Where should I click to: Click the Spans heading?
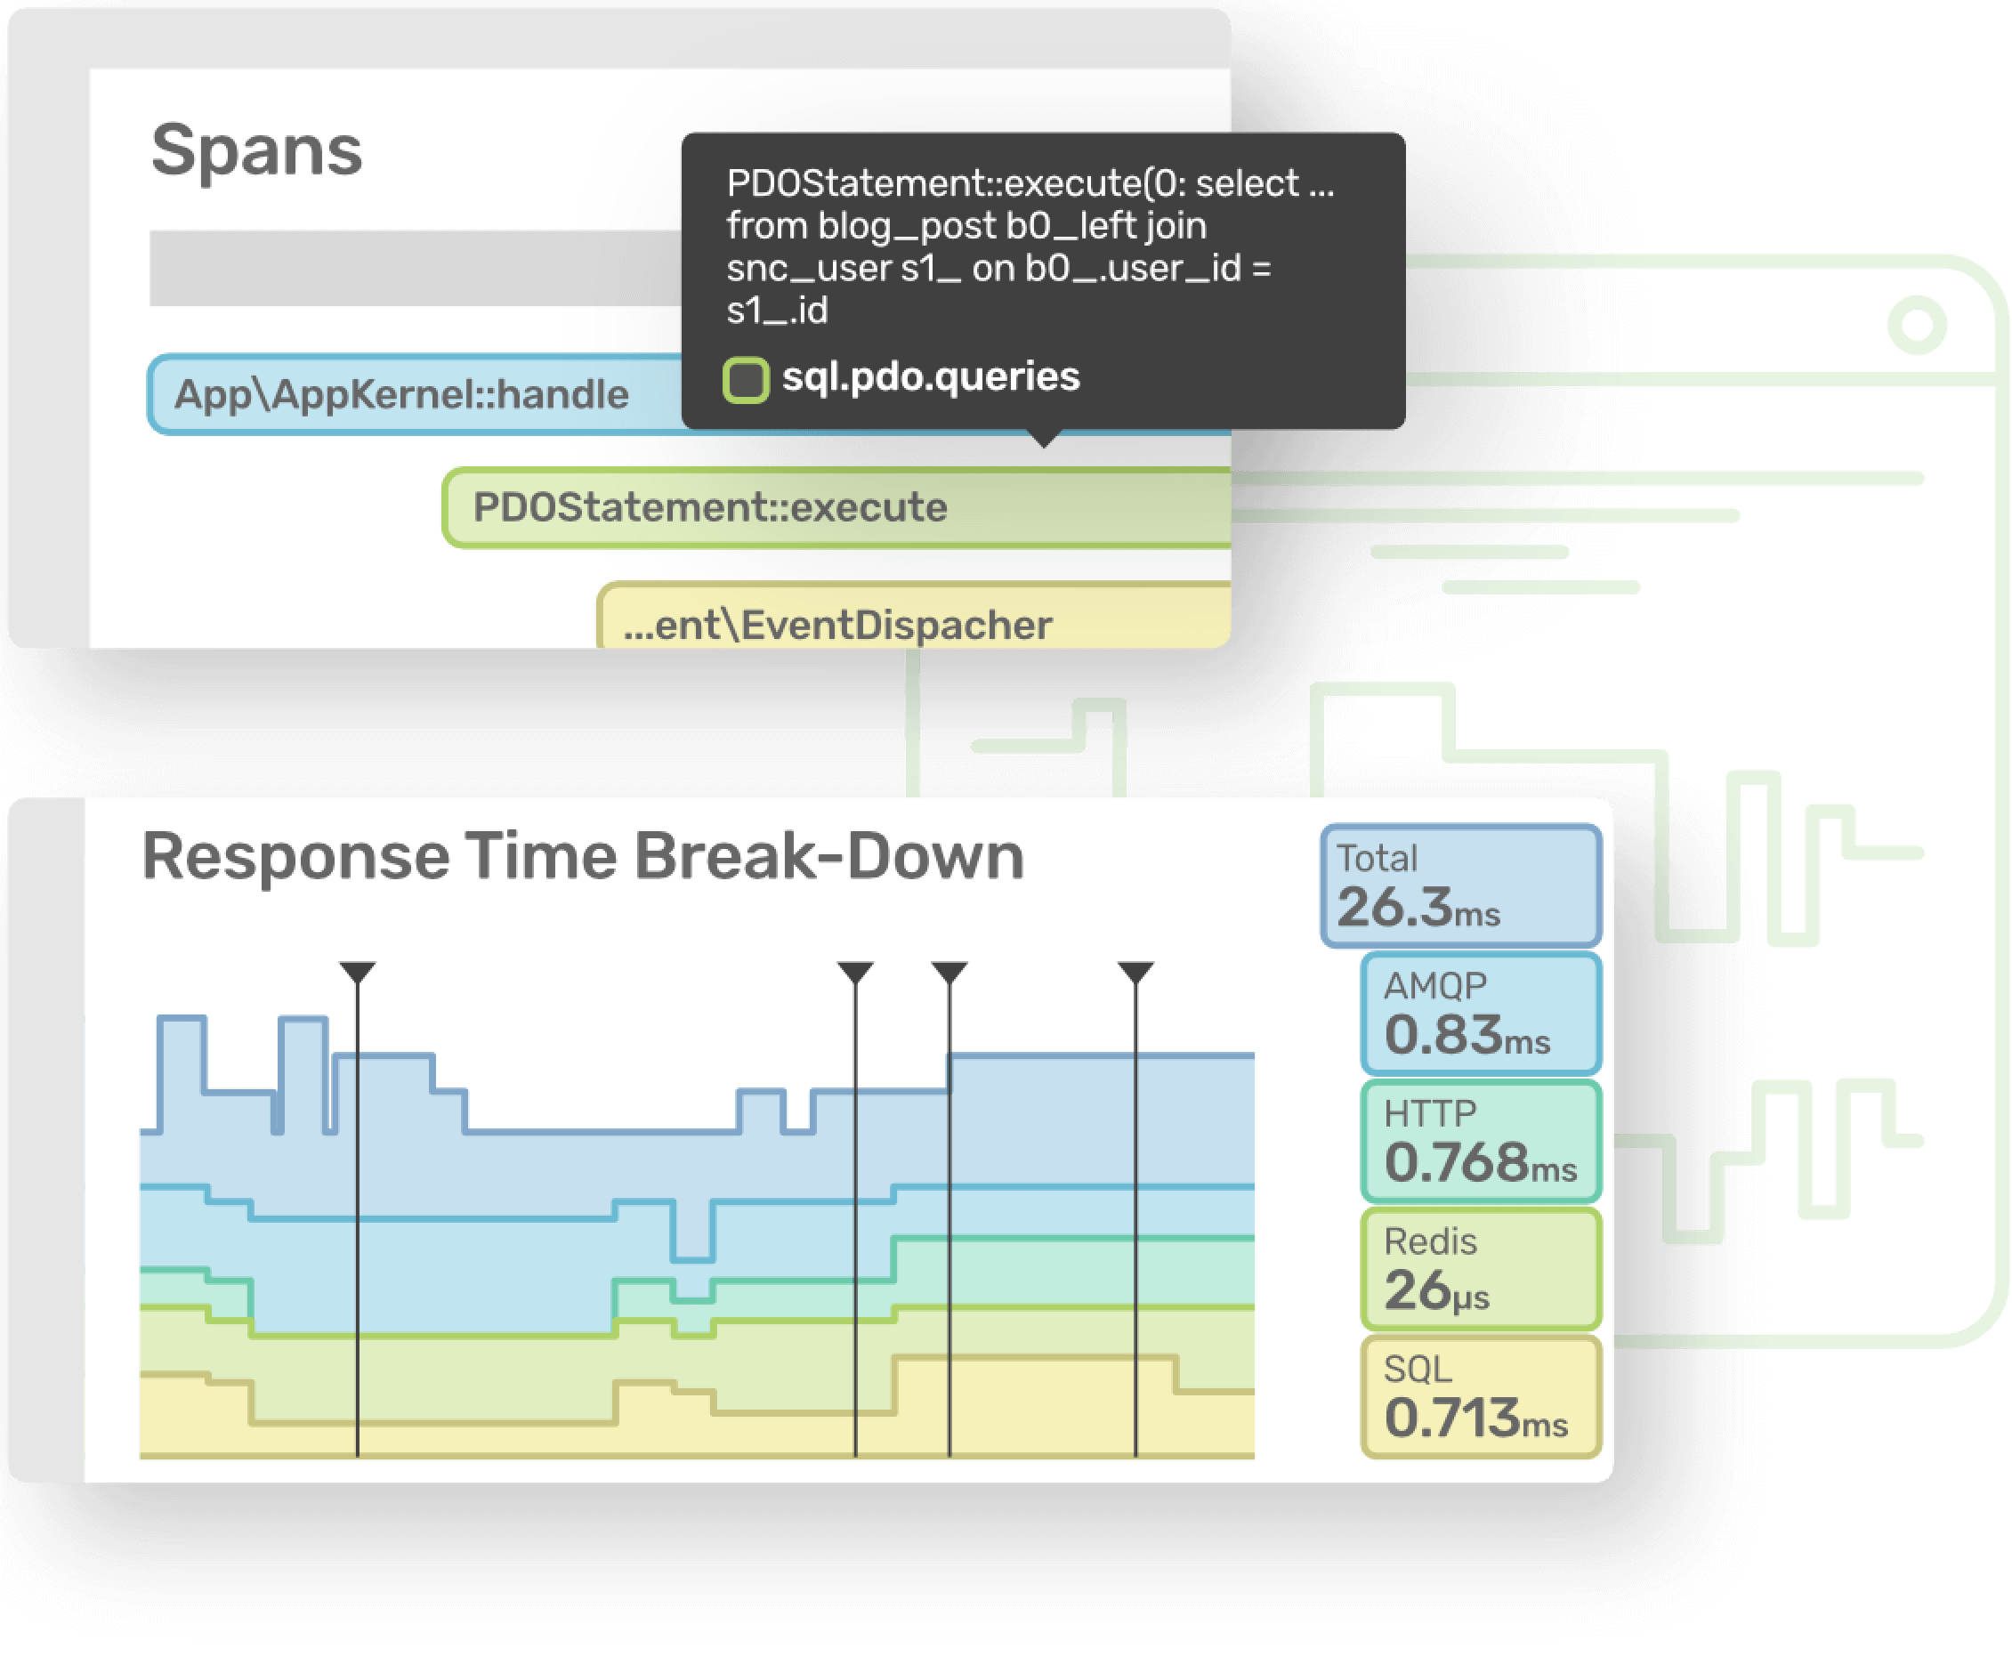tap(257, 151)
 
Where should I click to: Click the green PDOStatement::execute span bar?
tap(837, 508)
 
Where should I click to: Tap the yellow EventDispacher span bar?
tap(915, 616)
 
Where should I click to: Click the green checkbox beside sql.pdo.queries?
tap(746, 379)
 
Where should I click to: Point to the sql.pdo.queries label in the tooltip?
tap(930, 377)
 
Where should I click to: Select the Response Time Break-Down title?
tap(583, 856)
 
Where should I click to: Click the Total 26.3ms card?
tap(1461, 886)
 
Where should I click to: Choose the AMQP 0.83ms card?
tap(1482, 1014)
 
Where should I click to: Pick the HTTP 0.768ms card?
tap(1482, 1141)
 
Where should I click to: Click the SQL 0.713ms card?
tap(1482, 1397)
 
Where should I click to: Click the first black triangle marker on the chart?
tap(358, 972)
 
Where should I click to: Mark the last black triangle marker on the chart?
tap(1135, 972)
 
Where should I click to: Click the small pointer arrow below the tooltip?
tap(1045, 438)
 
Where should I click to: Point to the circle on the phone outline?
tap(1917, 325)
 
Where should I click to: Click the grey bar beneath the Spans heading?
tap(416, 268)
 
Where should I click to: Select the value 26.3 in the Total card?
tap(1394, 908)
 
